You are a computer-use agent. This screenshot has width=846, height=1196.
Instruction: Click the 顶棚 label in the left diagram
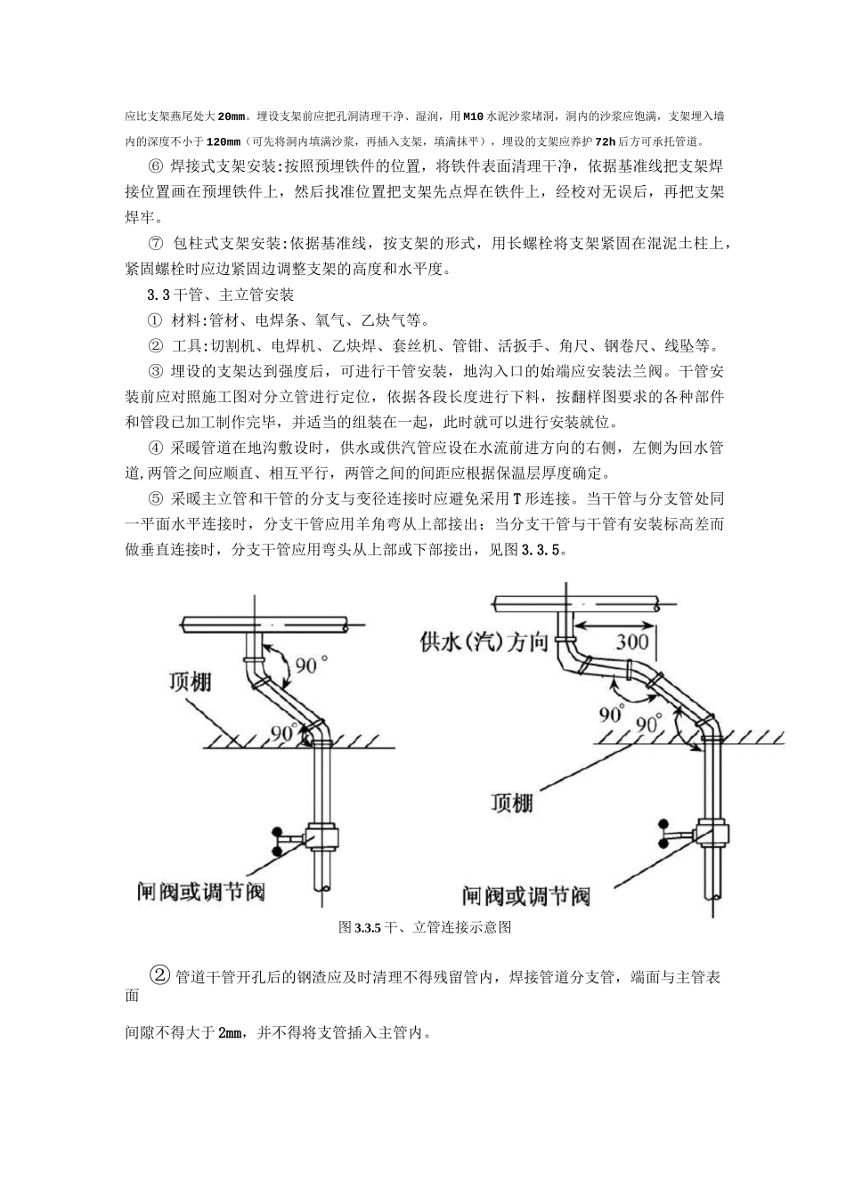point(191,683)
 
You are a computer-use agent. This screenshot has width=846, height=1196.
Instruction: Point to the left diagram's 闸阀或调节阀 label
point(201,889)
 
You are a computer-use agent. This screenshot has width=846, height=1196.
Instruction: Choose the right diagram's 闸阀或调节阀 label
point(525,893)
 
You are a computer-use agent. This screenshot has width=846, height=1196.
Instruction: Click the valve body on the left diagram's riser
point(316,837)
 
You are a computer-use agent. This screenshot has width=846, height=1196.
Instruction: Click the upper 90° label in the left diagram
point(313,664)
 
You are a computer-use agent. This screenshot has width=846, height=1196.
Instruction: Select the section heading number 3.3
point(159,295)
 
